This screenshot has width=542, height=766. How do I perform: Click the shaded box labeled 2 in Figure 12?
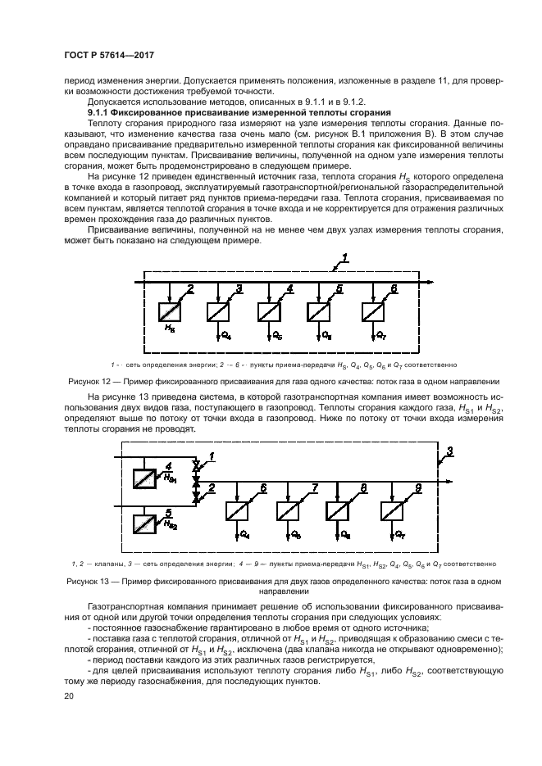point(171,312)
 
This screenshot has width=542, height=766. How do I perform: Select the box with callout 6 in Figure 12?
point(374,312)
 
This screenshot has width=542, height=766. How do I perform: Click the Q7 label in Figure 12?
point(380,336)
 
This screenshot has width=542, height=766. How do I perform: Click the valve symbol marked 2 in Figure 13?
point(196,496)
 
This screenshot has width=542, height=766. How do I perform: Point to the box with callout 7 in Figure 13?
point(289,510)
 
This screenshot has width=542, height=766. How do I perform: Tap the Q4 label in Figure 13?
point(244,534)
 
